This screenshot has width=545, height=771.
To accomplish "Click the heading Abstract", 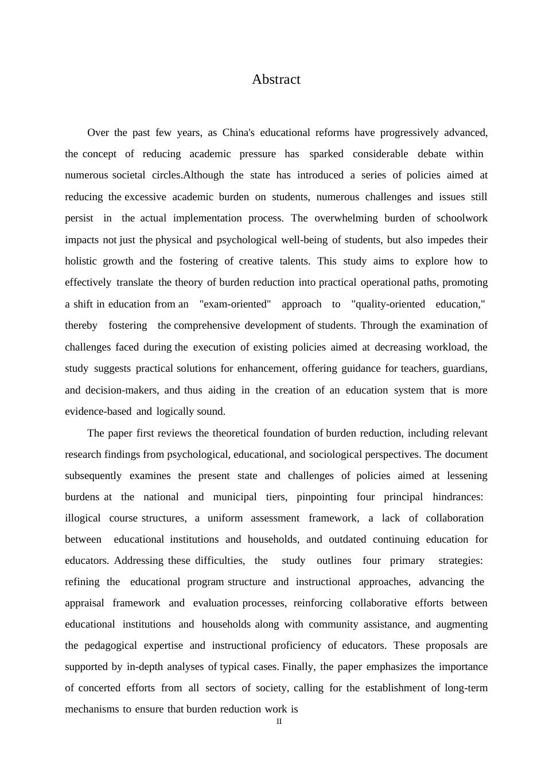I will (x=276, y=79).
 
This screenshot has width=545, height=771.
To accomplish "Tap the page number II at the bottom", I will (x=279, y=722).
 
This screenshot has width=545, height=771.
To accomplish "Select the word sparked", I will (x=326, y=154).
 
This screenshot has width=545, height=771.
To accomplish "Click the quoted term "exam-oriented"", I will (x=235, y=304).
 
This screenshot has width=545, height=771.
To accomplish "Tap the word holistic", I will (x=81, y=261).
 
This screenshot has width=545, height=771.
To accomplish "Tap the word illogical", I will (x=83, y=518).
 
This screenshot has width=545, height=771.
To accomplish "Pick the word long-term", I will (x=466, y=688).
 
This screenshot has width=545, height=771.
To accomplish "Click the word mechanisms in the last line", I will (x=92, y=709).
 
